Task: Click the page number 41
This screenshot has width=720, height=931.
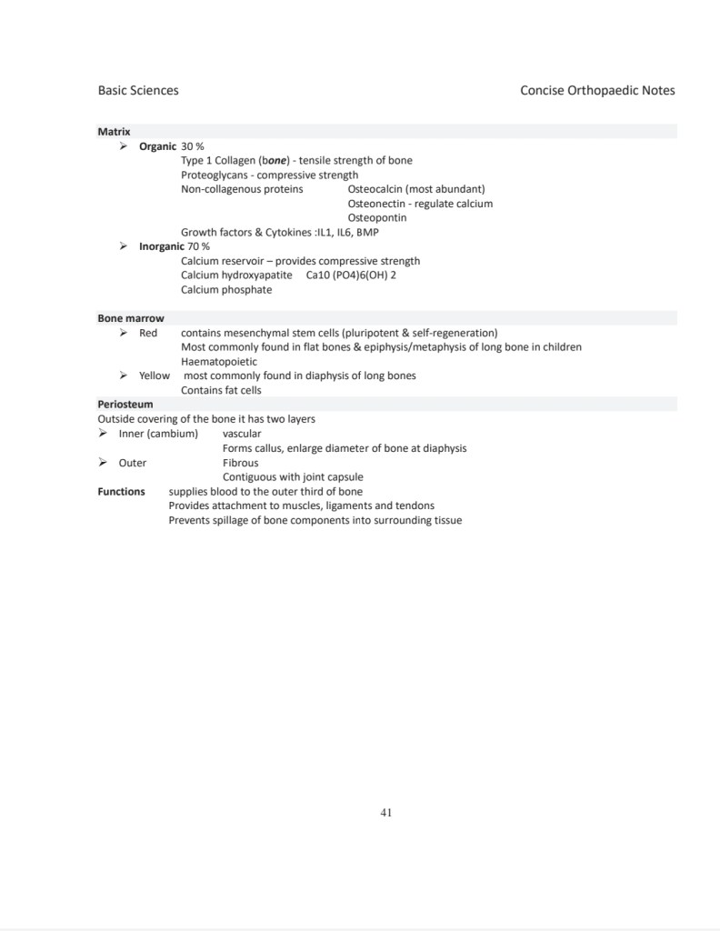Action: pos(386,812)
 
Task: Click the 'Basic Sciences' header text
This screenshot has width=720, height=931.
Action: pos(138,90)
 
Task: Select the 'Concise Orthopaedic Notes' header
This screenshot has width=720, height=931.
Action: pos(597,90)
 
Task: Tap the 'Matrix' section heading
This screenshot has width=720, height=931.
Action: pos(114,132)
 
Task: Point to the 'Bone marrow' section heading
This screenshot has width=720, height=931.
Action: pos(131,318)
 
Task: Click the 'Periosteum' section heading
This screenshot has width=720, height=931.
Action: pos(125,404)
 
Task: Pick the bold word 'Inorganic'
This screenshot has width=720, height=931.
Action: pos(162,246)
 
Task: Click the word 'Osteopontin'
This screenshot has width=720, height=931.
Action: pos(377,218)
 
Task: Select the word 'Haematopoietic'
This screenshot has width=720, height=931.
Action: pos(219,362)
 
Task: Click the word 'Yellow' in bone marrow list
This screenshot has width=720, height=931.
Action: pos(155,375)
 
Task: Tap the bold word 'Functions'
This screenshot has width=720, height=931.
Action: pos(121,492)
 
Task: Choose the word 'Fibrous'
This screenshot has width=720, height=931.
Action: pos(241,463)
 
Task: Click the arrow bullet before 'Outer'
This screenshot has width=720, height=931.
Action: pos(104,463)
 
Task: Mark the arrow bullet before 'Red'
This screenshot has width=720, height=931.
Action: pos(124,333)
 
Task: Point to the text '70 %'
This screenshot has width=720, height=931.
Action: pos(199,246)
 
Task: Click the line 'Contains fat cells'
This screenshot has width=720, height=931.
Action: pos(221,390)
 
